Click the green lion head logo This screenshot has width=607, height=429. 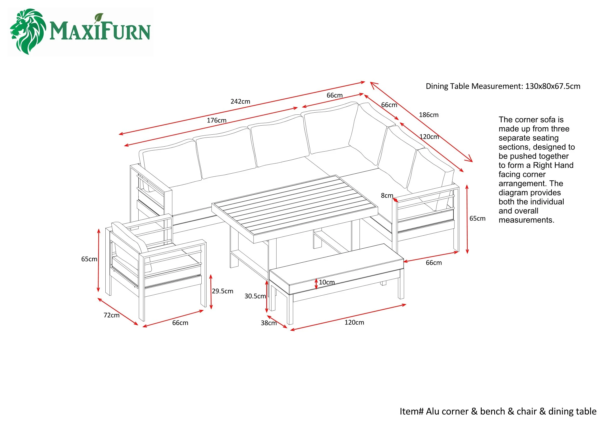(28, 31)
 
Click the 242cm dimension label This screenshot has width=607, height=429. (240, 101)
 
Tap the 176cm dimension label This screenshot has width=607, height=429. (216, 120)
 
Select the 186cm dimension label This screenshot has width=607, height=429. (428, 115)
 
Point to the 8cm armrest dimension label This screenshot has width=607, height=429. (387, 196)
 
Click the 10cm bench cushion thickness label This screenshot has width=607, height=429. (326, 282)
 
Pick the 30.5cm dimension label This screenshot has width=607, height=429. (255, 296)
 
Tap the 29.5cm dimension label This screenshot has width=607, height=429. (222, 291)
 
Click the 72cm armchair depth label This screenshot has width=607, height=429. (111, 315)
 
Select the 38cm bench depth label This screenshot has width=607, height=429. (269, 323)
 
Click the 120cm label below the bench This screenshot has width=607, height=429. (354, 323)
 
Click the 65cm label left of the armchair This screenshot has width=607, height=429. (89, 259)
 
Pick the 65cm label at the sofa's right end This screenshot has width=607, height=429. (477, 219)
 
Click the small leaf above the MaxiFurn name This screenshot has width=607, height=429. (99, 18)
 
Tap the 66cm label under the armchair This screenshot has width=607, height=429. (180, 323)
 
